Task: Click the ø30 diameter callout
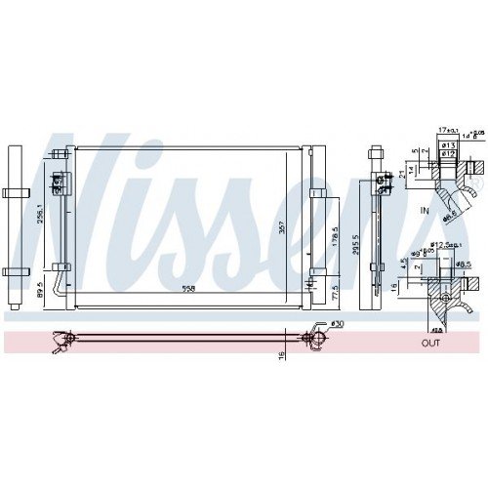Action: click(x=337, y=323)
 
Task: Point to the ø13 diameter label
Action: click(x=450, y=145)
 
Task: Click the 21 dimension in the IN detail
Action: click(x=402, y=173)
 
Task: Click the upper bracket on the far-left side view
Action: click(x=15, y=191)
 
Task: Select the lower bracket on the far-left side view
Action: click(x=15, y=271)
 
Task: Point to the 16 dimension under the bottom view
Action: click(x=281, y=357)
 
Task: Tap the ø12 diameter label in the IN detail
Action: click(x=450, y=153)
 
